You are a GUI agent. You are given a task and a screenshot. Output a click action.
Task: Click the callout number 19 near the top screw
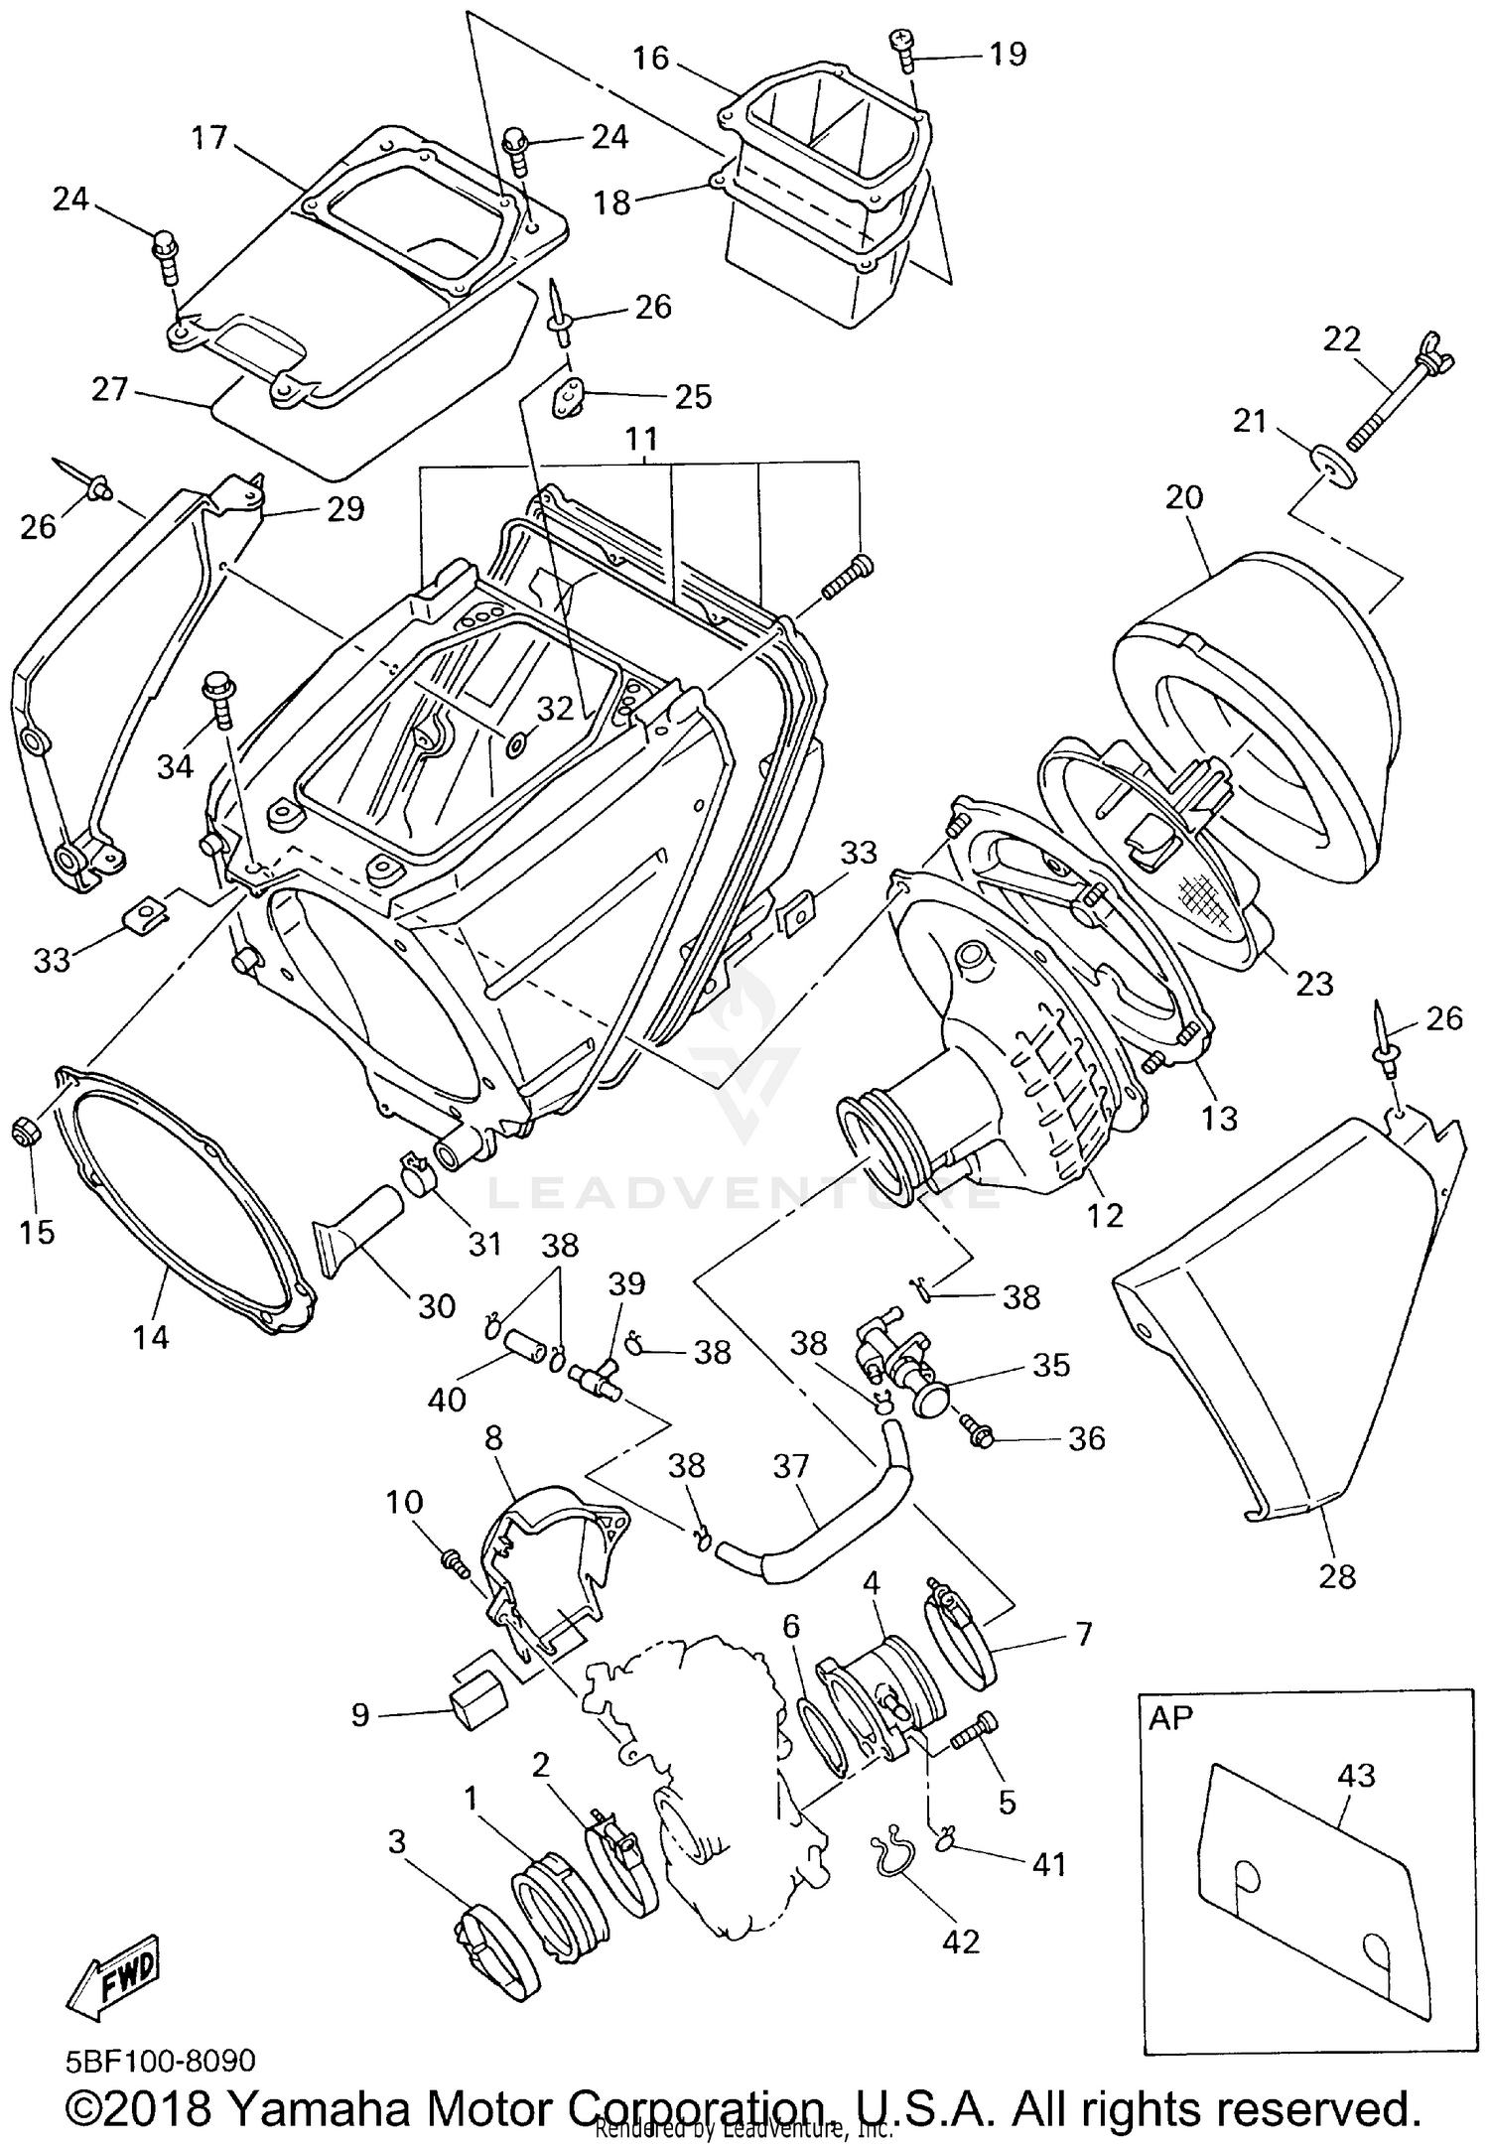pos(1008,54)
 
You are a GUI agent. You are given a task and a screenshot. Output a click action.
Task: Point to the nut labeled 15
pos(26,1131)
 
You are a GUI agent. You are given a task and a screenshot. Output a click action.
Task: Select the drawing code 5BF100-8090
pos(161,2060)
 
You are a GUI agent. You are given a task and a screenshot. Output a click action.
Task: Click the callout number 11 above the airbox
pos(642,438)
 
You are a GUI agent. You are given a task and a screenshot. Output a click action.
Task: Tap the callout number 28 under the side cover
pos(1336,1575)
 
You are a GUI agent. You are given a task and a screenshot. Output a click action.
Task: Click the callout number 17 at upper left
pos(210,137)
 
